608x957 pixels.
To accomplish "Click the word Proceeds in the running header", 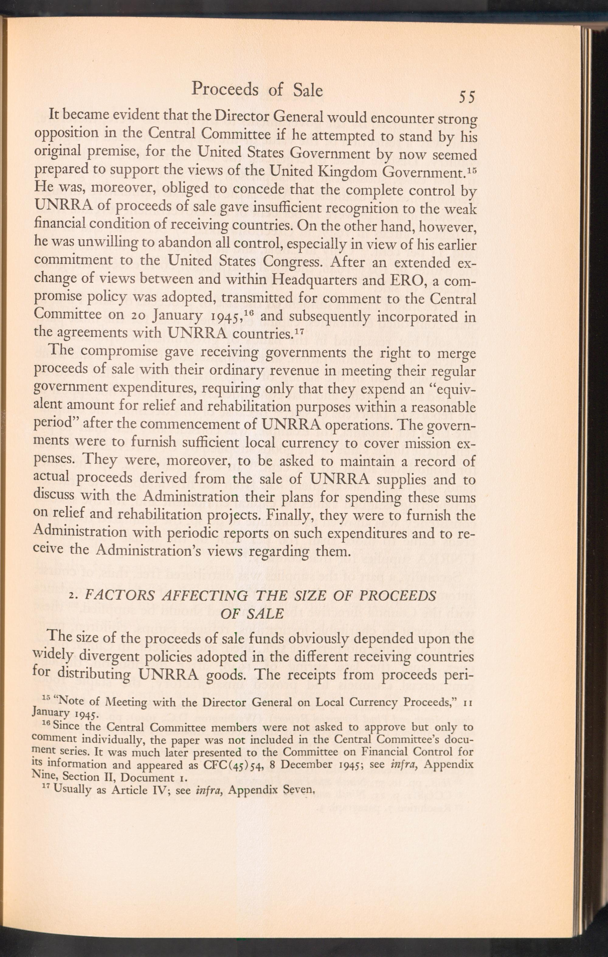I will pos(225,90).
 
